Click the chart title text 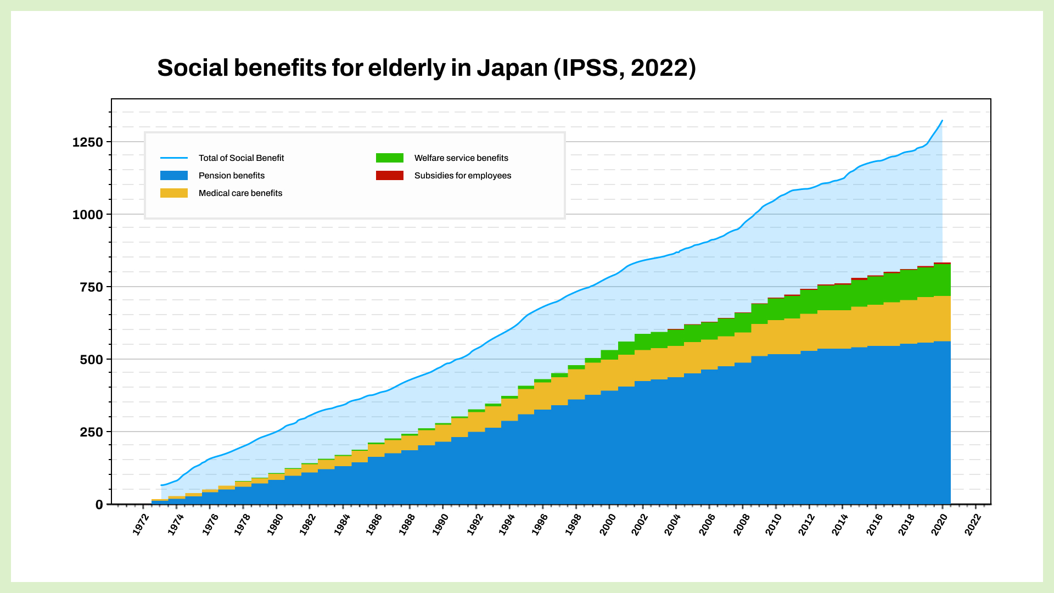(x=426, y=68)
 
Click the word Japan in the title (x=512, y=68)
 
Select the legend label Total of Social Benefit (x=241, y=158)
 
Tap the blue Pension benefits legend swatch (x=173, y=176)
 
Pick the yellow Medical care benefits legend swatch (x=173, y=193)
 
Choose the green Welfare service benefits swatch (x=389, y=158)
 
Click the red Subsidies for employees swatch (x=389, y=176)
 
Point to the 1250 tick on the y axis (x=88, y=142)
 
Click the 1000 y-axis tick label (x=88, y=215)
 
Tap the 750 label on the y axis (x=91, y=287)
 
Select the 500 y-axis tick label (x=91, y=360)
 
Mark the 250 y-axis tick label (x=91, y=432)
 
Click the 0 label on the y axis (x=99, y=505)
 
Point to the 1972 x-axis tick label (x=141, y=525)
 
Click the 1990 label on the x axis (x=440, y=525)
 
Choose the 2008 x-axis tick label (x=740, y=525)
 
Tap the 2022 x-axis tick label (x=973, y=525)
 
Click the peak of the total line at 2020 (x=942, y=121)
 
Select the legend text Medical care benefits (x=240, y=193)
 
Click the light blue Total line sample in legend (x=173, y=158)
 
